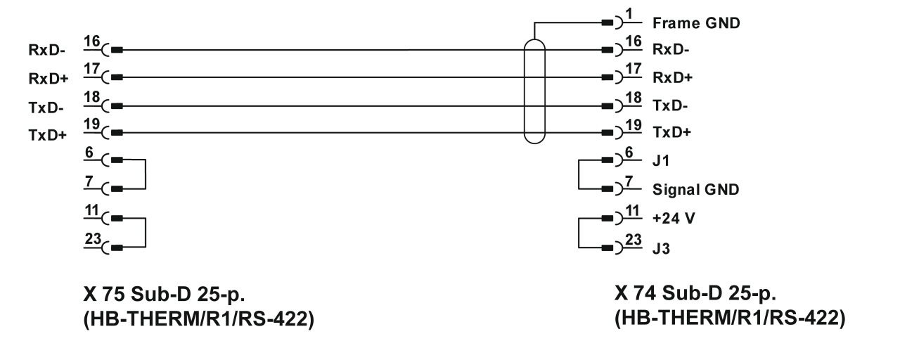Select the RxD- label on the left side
[41, 51]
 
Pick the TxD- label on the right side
[667, 105]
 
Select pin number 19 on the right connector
[633, 125]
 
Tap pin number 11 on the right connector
[633, 211]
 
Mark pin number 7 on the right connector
[630, 181]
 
